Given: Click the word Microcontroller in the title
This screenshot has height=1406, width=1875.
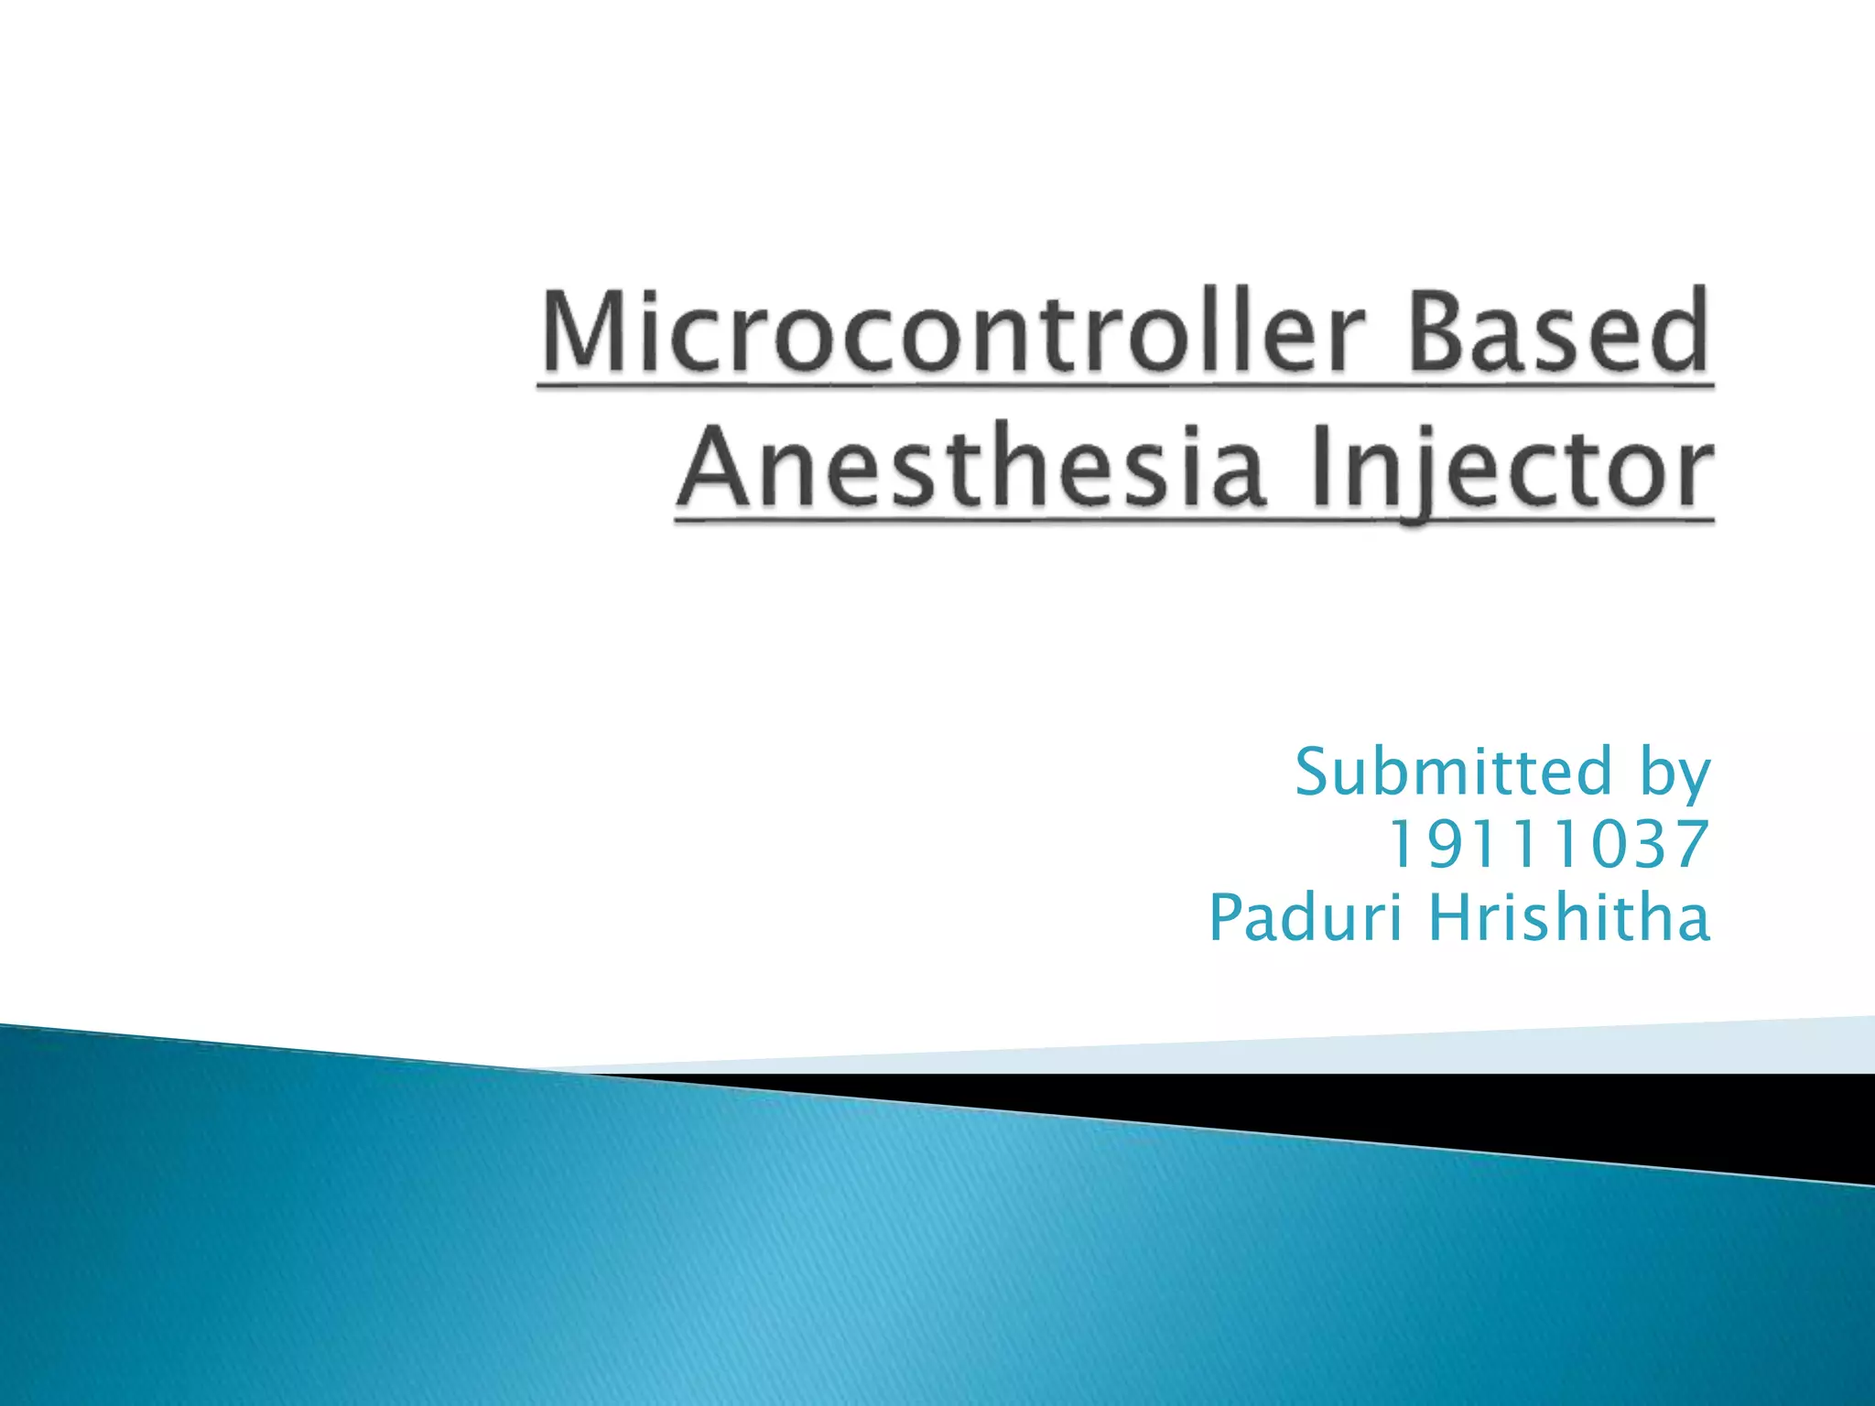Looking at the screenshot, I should pyautogui.click(x=952, y=331).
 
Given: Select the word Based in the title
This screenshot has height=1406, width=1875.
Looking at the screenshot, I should pyautogui.click(x=1558, y=331).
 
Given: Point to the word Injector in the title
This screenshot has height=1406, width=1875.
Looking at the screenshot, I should pyautogui.click(x=1511, y=469).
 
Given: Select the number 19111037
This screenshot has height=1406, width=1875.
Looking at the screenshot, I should pyautogui.click(x=1548, y=844).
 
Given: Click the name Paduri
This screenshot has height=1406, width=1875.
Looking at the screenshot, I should pyautogui.click(x=1305, y=917).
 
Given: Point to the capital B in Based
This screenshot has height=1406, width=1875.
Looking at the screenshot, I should pyautogui.click(x=1441, y=331).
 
